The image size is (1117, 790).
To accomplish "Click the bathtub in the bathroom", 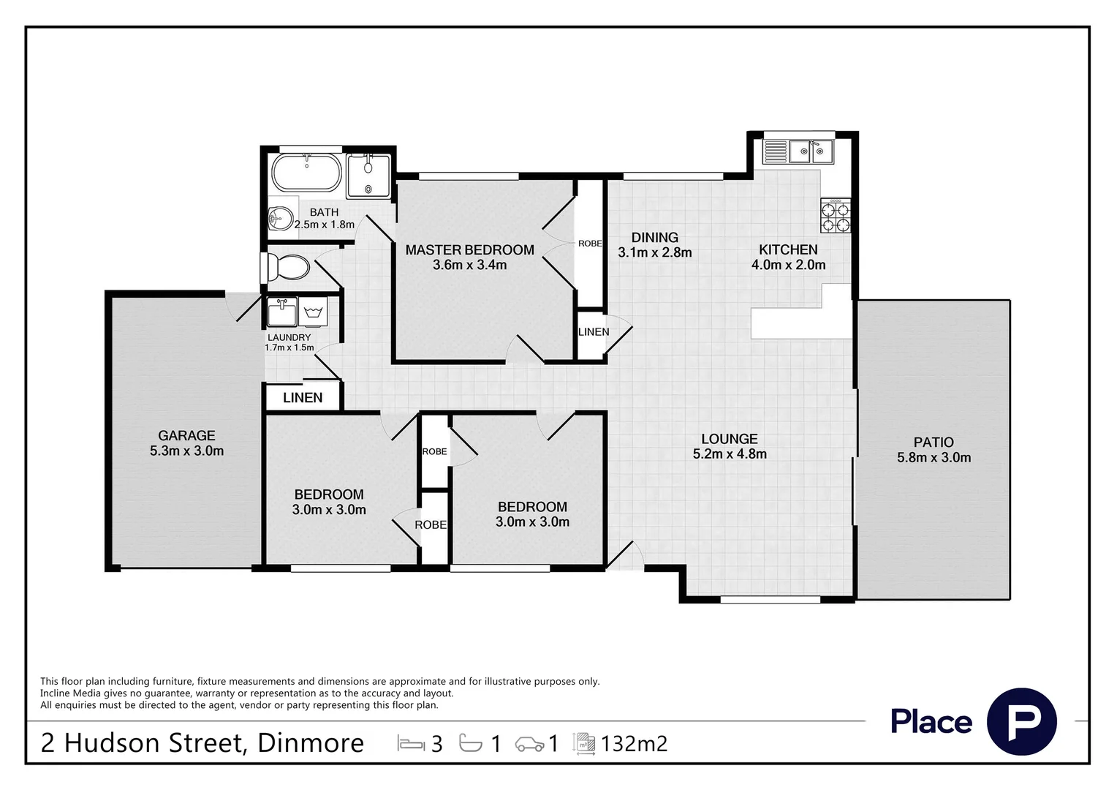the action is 306,172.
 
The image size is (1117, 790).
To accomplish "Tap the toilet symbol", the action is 286,268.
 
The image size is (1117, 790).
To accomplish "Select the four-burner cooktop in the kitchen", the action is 836,216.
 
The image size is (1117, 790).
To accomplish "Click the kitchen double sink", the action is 811,151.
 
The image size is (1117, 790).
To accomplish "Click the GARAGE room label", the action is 186,436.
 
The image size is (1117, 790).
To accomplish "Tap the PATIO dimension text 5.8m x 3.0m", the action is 934,458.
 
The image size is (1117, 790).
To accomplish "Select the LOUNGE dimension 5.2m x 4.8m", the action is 730,454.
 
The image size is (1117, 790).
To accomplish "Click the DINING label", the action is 655,238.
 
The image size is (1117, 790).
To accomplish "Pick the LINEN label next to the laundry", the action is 303,398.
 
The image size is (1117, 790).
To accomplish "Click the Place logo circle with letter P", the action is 1022,721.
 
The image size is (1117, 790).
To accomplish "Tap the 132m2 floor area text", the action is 634,744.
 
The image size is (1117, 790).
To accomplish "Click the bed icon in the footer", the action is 411,744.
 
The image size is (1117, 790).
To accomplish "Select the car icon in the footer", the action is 529,744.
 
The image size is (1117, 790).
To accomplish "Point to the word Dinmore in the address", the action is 311,743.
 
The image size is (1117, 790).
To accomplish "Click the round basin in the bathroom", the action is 281,219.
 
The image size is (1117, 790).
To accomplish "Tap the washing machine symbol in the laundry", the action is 313,312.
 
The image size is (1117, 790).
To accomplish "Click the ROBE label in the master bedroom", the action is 590,244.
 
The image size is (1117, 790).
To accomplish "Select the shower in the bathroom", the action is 368,176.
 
